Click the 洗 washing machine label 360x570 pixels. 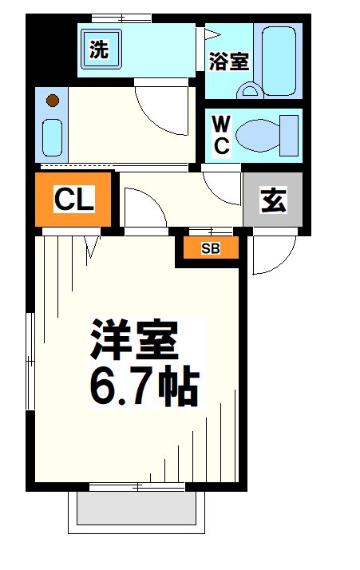coord(99,50)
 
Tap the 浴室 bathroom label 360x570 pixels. coord(229,61)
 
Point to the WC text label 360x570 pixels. coord(221,135)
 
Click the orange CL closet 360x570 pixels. coord(74,200)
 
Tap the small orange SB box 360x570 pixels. coord(210,248)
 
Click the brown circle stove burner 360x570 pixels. coord(53,101)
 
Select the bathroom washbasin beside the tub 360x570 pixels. coord(249,91)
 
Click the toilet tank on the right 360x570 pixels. coord(288,134)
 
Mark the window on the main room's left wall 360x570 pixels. coord(30,359)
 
